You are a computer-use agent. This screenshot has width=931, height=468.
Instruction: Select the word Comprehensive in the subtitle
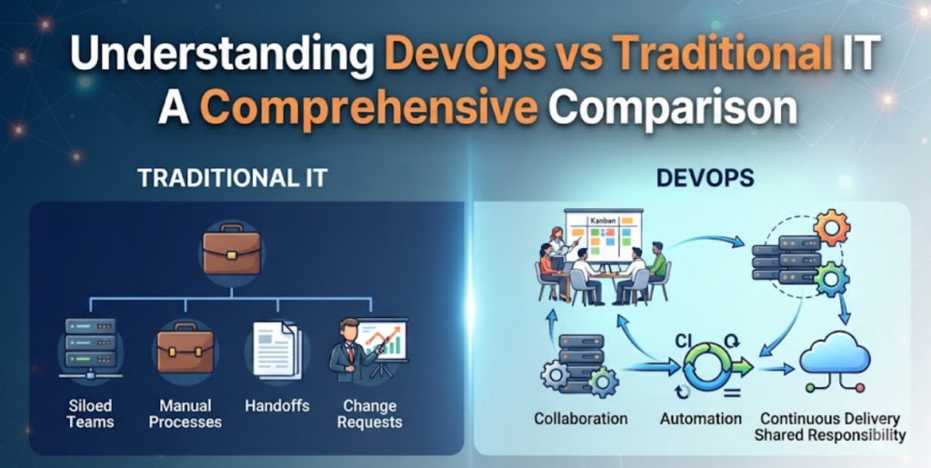point(369,108)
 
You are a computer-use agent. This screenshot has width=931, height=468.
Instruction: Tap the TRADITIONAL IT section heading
point(232,178)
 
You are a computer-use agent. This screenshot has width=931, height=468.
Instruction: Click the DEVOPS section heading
point(706,178)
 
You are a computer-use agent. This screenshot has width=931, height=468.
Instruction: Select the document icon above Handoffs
point(276,349)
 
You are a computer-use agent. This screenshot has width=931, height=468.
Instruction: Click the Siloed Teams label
point(90,414)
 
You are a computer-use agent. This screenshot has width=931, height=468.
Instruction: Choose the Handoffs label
point(277,406)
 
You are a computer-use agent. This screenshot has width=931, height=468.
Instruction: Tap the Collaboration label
point(581,419)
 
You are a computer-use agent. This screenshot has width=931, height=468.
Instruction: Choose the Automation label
point(701,419)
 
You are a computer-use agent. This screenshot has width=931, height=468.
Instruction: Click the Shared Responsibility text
point(830,434)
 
